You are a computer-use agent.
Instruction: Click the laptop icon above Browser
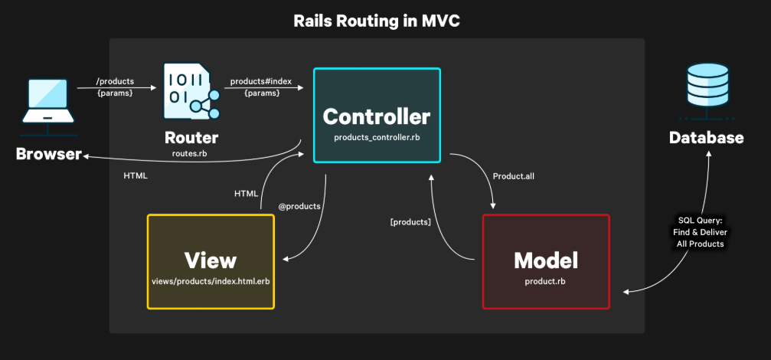[x=47, y=101]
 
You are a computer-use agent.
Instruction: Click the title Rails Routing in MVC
[x=377, y=21]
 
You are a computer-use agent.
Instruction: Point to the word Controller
[x=377, y=117]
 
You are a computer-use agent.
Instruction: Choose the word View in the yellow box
[x=211, y=260]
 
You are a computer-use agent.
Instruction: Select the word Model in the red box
[x=546, y=260]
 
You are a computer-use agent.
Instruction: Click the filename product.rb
[x=546, y=282]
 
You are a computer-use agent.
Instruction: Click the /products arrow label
[x=115, y=81]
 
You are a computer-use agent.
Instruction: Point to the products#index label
[x=262, y=81]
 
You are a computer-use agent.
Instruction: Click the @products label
[x=299, y=206]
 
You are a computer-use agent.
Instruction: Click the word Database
[x=706, y=138]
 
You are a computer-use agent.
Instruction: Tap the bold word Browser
[x=49, y=154]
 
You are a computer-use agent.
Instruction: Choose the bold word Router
[x=191, y=138]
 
